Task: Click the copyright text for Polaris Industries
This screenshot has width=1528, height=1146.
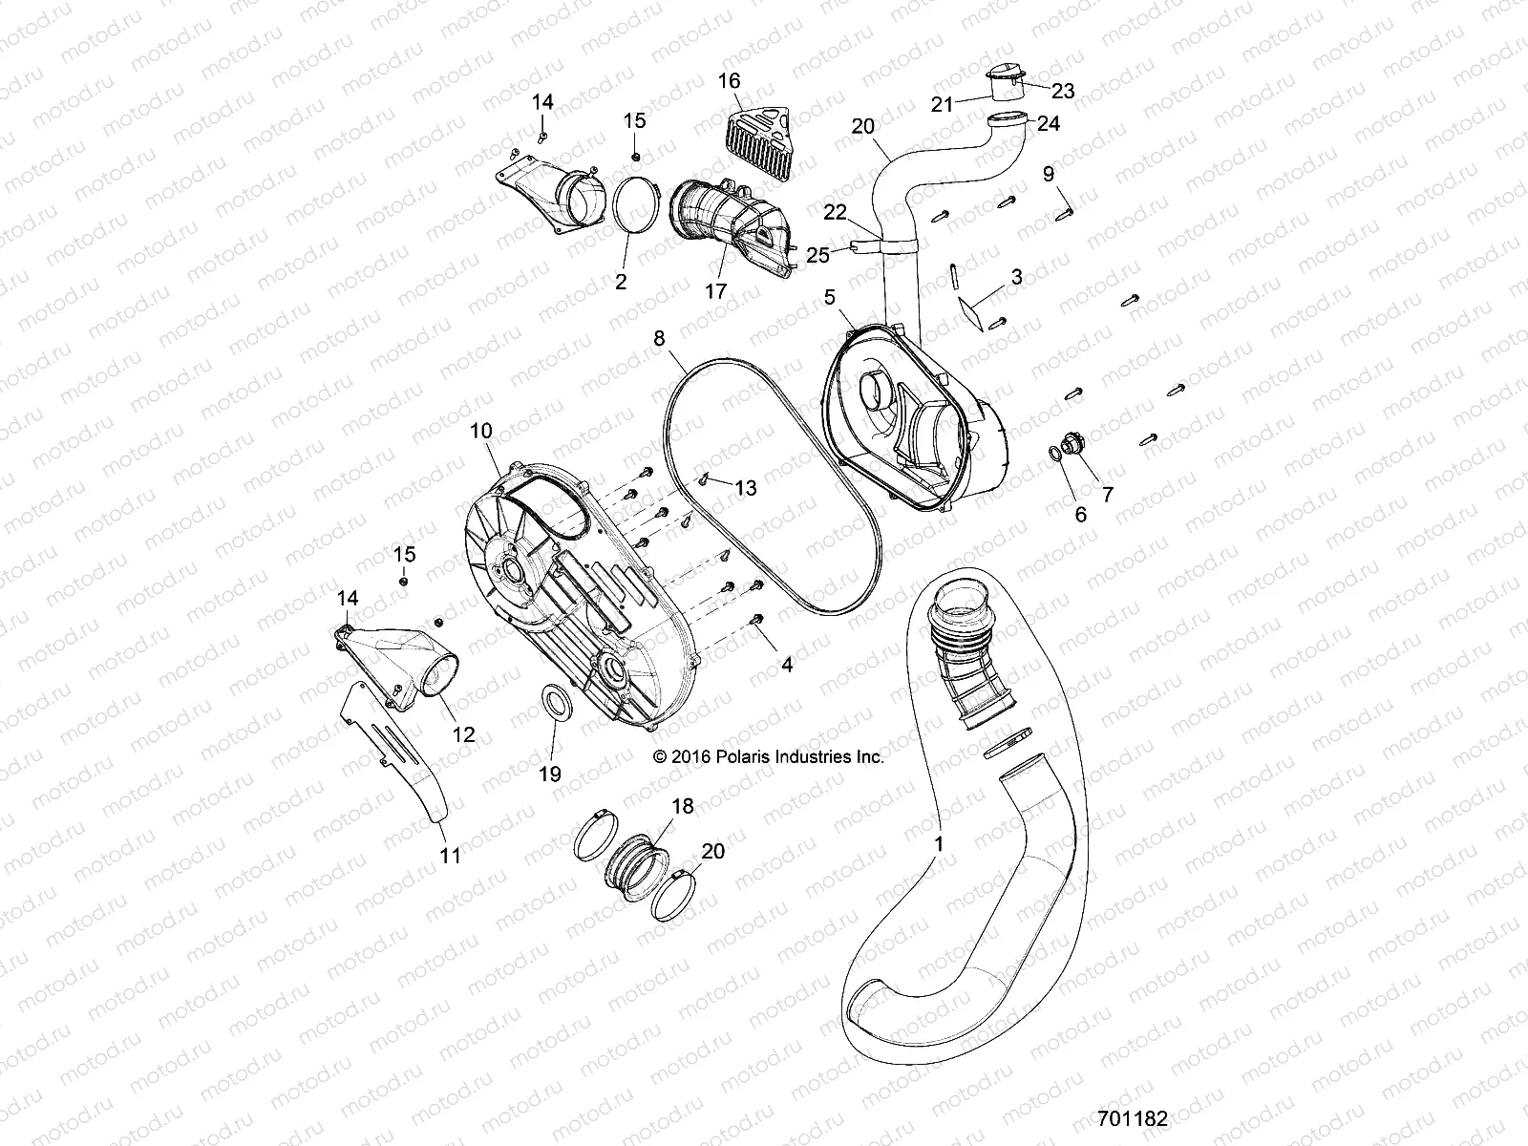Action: click(x=768, y=756)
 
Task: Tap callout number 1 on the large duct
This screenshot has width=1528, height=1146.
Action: click(x=939, y=844)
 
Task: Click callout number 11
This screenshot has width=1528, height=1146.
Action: click(x=450, y=856)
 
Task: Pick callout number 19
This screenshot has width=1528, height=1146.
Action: click(x=550, y=773)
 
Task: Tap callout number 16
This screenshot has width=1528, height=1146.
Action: click(x=729, y=81)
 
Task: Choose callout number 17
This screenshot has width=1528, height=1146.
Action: click(x=715, y=290)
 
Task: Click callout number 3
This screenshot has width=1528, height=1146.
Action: click(x=1016, y=277)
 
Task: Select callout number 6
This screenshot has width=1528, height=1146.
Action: click(x=1081, y=514)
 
